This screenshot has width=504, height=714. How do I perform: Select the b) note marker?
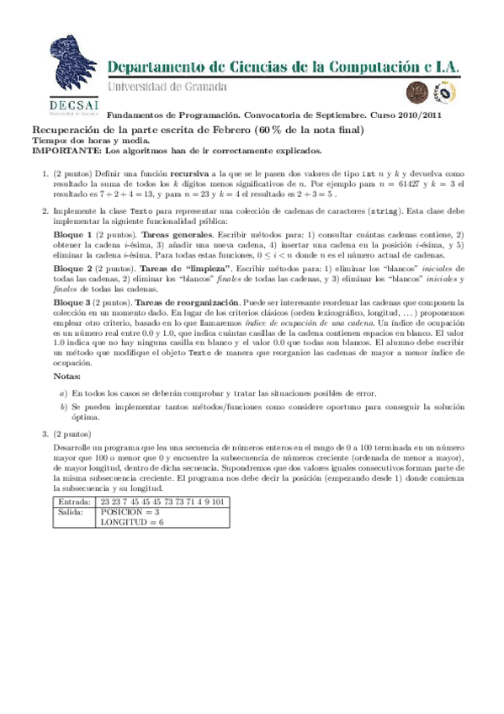pyautogui.click(x=63, y=406)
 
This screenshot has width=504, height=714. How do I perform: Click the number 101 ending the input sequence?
pyautogui.click(x=216, y=501)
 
